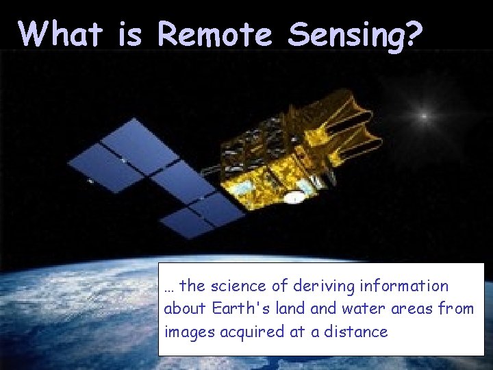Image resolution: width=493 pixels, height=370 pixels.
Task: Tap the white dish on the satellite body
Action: point(294,198)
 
